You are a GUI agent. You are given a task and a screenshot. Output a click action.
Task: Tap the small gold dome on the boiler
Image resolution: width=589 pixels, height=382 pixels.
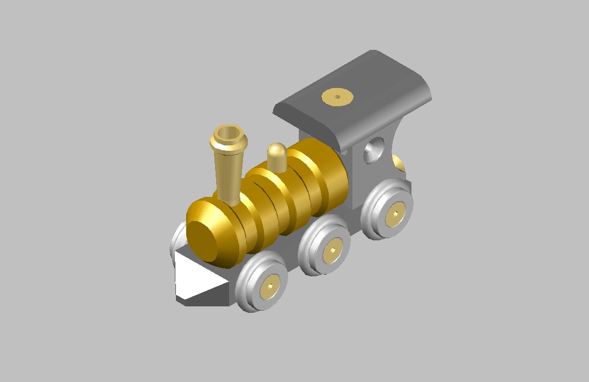tap(277, 156)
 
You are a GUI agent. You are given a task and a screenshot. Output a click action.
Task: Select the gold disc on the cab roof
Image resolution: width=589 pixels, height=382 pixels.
tap(337, 98)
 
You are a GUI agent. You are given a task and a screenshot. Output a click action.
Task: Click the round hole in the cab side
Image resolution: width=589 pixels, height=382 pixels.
tap(374, 150)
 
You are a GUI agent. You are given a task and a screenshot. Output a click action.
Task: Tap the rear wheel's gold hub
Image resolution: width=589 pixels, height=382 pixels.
tap(396, 214)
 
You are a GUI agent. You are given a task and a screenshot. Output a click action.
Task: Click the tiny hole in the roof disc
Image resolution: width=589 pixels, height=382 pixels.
tap(337, 97)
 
